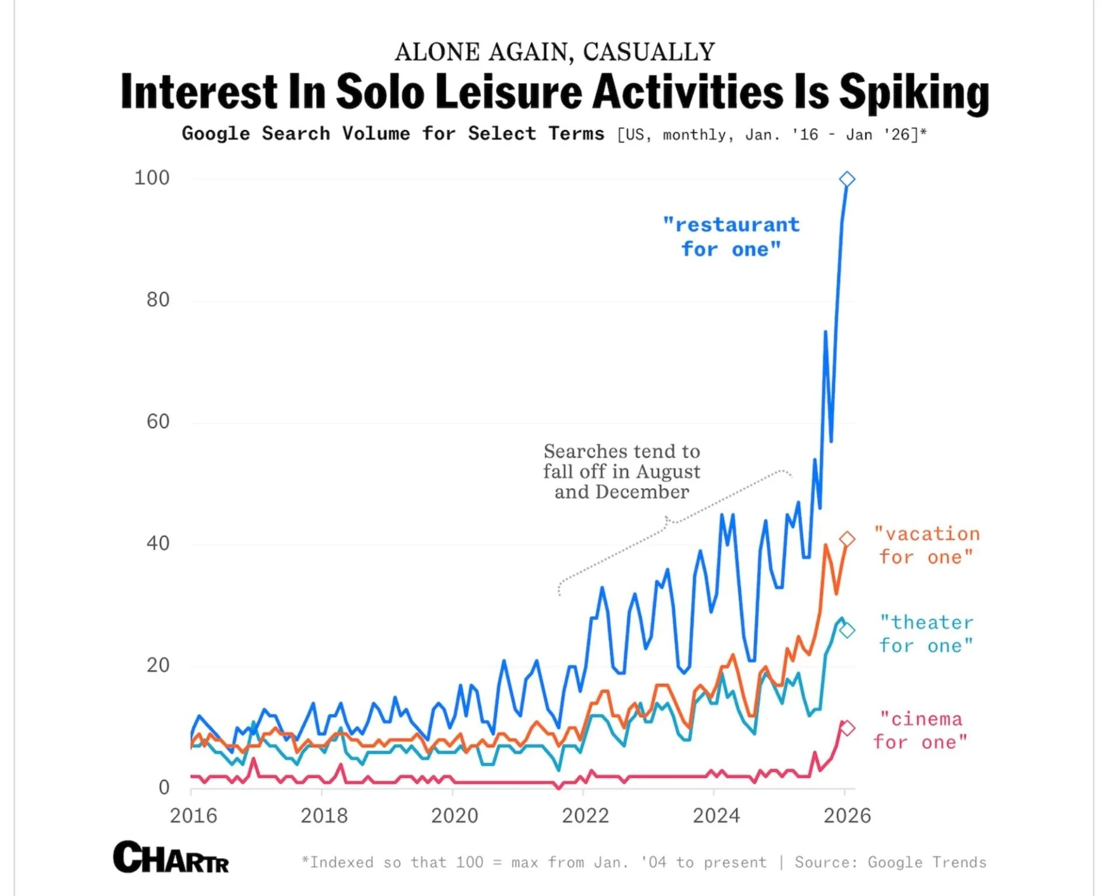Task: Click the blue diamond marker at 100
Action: pyautogui.click(x=847, y=179)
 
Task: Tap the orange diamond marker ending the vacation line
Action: pyautogui.click(x=847, y=539)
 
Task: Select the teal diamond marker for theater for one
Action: pyautogui.click(x=847, y=630)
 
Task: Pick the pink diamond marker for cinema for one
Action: pyautogui.click(x=847, y=728)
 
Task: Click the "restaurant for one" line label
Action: pyautogui.click(x=731, y=237)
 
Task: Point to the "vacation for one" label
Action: pyautogui.click(x=927, y=545)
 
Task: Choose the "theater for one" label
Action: pyautogui.click(x=927, y=634)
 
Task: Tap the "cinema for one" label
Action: pyautogui.click(x=920, y=730)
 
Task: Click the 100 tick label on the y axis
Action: pyautogui.click(x=152, y=178)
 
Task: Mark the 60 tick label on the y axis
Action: pyautogui.click(x=158, y=421)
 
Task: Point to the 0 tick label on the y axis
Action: pyautogui.click(x=164, y=787)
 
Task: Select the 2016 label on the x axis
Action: pyautogui.click(x=193, y=815)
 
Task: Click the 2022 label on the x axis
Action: pyautogui.click(x=585, y=815)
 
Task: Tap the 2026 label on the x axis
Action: pyautogui.click(x=847, y=815)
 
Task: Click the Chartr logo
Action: pyautogui.click(x=171, y=857)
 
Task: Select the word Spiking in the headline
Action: pyautogui.click(x=914, y=93)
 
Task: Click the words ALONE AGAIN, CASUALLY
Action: pyautogui.click(x=554, y=52)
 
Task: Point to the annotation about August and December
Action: pyautogui.click(x=621, y=471)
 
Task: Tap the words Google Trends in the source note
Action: pyautogui.click(x=927, y=862)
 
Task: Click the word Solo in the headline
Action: pyautogui.click(x=380, y=92)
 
